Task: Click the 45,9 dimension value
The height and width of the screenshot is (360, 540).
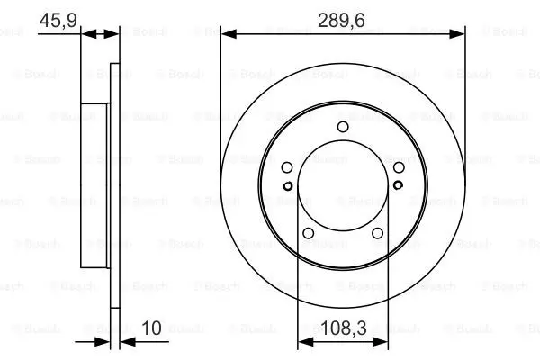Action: pos(58,21)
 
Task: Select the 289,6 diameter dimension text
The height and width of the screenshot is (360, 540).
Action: pos(341,21)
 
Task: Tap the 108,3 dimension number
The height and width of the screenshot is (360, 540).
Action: pos(344,328)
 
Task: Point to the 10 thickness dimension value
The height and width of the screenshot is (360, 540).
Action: pos(151,328)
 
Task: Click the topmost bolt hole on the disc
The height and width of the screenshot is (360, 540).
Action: pos(343,127)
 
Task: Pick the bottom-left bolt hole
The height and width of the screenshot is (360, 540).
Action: pos(308,233)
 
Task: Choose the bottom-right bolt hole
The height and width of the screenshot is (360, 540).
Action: pos(377,233)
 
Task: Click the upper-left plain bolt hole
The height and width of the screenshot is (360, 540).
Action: pos(287,167)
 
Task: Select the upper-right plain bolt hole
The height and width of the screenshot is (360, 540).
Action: pos(399,167)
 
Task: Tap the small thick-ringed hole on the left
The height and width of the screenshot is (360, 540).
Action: pos(288,186)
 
